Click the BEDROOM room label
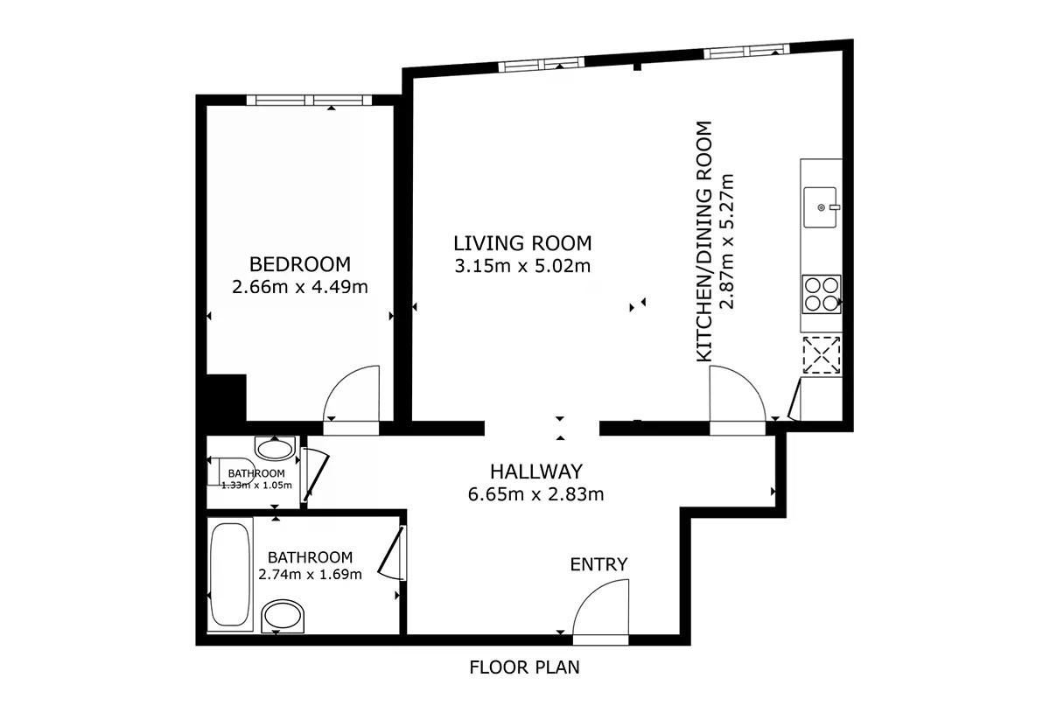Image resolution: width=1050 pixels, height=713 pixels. (300, 264)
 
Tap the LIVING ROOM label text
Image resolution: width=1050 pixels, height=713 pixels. (522, 243)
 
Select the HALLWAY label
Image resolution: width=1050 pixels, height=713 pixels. (536, 472)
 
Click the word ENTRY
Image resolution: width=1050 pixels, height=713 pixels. (598, 564)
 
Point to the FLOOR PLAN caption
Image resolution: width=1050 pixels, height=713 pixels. (524, 667)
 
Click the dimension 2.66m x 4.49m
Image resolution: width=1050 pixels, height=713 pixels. (300, 287)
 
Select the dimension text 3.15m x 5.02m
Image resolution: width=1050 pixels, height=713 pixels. (522, 266)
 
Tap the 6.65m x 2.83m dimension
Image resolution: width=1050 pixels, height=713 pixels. (535, 494)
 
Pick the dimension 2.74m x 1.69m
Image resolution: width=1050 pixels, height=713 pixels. (310, 574)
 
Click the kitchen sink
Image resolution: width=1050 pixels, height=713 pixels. (821, 207)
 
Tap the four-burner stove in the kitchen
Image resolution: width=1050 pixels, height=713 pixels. (822, 294)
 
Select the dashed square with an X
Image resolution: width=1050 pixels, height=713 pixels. (822, 355)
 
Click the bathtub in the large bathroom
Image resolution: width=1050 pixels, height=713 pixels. (229, 574)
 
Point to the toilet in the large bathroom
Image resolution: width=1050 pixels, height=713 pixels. (283, 617)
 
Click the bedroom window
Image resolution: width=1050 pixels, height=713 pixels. (310, 100)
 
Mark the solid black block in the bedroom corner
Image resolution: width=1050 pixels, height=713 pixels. (227, 397)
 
